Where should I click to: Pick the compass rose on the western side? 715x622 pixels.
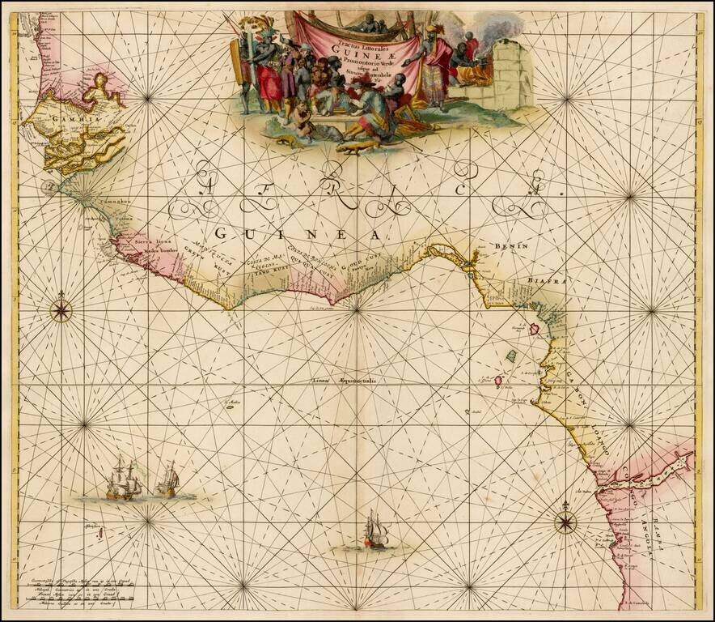62,309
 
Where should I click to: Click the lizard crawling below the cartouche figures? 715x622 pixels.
357,147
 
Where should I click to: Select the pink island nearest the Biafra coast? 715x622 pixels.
535,330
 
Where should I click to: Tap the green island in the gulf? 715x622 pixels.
511,356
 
